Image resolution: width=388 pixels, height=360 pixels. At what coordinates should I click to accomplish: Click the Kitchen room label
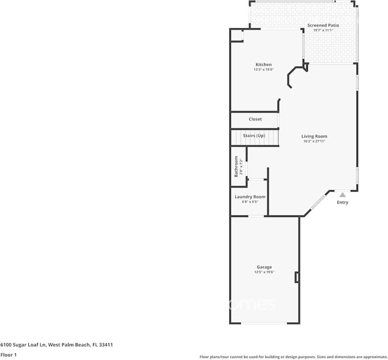(263, 64)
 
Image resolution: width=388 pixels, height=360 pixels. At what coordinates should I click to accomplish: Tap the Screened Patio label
(323, 25)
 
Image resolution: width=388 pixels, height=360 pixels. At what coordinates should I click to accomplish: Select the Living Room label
(314, 136)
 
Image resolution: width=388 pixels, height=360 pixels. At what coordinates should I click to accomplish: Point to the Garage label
(264, 267)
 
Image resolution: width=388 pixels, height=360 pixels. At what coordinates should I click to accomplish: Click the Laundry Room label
(250, 197)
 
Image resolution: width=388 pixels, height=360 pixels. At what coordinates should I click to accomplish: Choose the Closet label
(255, 119)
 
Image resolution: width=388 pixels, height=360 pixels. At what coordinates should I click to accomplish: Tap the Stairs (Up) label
(254, 135)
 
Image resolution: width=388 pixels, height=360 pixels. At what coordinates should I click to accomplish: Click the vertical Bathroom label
(236, 166)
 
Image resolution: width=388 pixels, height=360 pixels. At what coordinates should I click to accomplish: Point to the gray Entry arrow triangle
(343, 195)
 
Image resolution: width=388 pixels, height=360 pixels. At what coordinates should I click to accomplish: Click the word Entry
(342, 202)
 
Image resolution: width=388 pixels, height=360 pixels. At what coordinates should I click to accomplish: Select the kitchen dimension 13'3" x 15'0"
(263, 70)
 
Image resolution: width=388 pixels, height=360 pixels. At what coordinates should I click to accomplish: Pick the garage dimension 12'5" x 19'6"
(264, 272)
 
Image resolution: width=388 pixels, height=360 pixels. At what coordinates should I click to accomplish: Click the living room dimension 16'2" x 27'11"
(314, 141)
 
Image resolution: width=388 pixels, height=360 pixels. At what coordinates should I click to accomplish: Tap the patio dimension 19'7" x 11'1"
(323, 30)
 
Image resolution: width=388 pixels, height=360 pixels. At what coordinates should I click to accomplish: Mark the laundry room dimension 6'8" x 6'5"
(250, 202)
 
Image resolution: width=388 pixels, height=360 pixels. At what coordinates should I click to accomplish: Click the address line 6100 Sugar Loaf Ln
(56, 345)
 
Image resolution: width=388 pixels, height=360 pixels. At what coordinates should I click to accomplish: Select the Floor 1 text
(8, 355)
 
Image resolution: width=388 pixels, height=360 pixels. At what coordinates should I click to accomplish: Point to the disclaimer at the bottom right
(293, 357)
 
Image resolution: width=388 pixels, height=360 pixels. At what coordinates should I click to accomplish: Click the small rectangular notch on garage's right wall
(297, 277)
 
